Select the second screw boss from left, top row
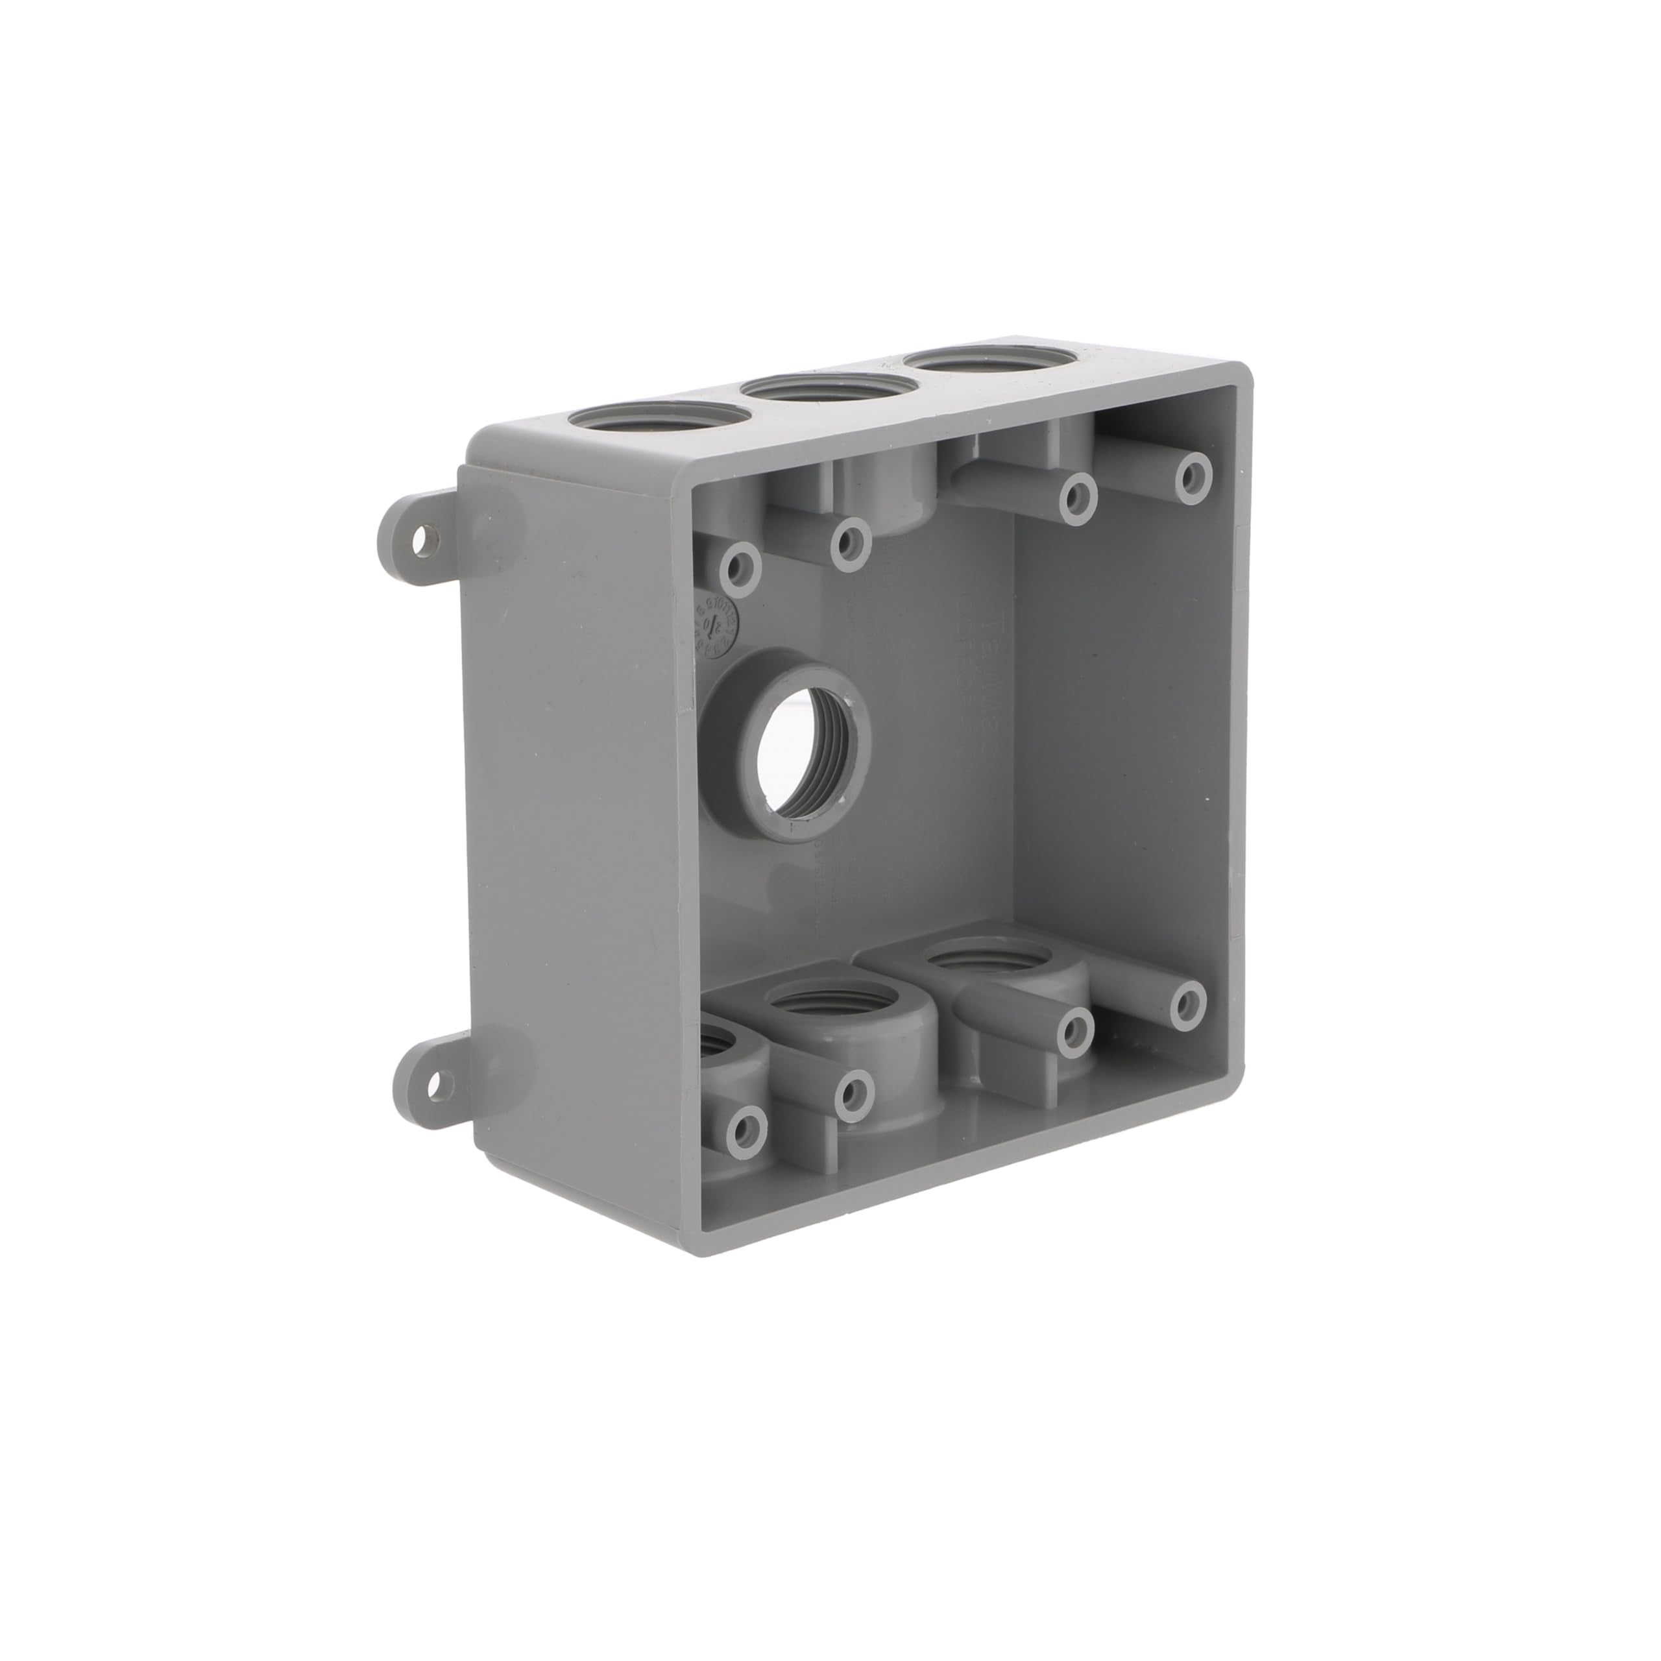tap(852, 540)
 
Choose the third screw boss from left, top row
tap(1074, 496)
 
